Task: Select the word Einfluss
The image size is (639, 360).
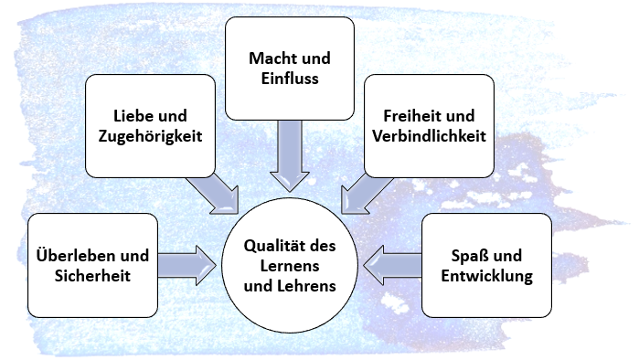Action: (x=290, y=79)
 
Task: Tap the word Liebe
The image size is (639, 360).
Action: (x=132, y=116)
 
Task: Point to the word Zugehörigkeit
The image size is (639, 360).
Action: (x=150, y=136)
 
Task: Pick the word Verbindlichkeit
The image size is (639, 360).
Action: (x=429, y=135)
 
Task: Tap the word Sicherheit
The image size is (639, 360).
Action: (x=92, y=275)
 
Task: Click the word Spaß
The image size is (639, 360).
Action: (x=469, y=256)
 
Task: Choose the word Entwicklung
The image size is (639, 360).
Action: (x=487, y=276)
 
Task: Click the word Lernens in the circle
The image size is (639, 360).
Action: (x=290, y=266)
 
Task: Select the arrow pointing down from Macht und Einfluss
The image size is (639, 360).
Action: (x=290, y=155)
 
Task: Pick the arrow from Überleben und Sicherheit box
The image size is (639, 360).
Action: (x=187, y=266)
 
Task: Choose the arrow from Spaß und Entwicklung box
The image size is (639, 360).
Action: (x=392, y=266)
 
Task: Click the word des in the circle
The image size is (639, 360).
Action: (x=323, y=246)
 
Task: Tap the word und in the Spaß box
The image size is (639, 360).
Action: (x=507, y=256)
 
